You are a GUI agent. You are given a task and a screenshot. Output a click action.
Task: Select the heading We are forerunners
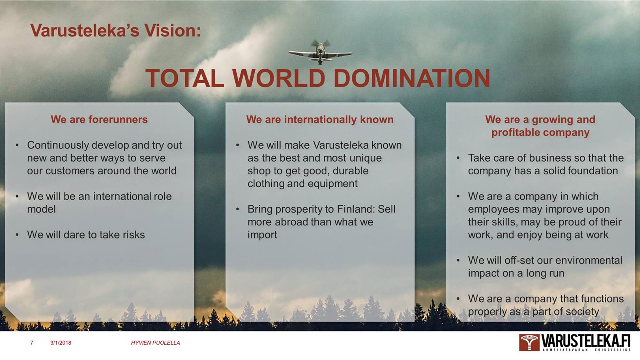(x=99, y=119)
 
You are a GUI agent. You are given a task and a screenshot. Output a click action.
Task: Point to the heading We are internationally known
(x=320, y=119)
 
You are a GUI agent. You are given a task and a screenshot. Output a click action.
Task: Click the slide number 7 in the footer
(x=32, y=343)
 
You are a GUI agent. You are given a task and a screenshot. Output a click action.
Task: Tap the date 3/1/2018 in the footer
(x=60, y=343)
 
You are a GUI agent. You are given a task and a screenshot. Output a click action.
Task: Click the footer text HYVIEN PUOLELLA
(x=155, y=343)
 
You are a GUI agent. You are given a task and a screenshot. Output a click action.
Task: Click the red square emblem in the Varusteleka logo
(x=529, y=342)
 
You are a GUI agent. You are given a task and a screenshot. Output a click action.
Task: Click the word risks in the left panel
(x=134, y=235)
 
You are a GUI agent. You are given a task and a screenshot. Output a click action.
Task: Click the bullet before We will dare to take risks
(x=17, y=235)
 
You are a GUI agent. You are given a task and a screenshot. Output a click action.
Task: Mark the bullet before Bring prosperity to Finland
(x=237, y=209)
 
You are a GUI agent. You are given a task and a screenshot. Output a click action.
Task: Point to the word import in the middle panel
(x=262, y=235)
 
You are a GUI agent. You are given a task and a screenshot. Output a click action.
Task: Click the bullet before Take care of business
(x=458, y=158)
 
